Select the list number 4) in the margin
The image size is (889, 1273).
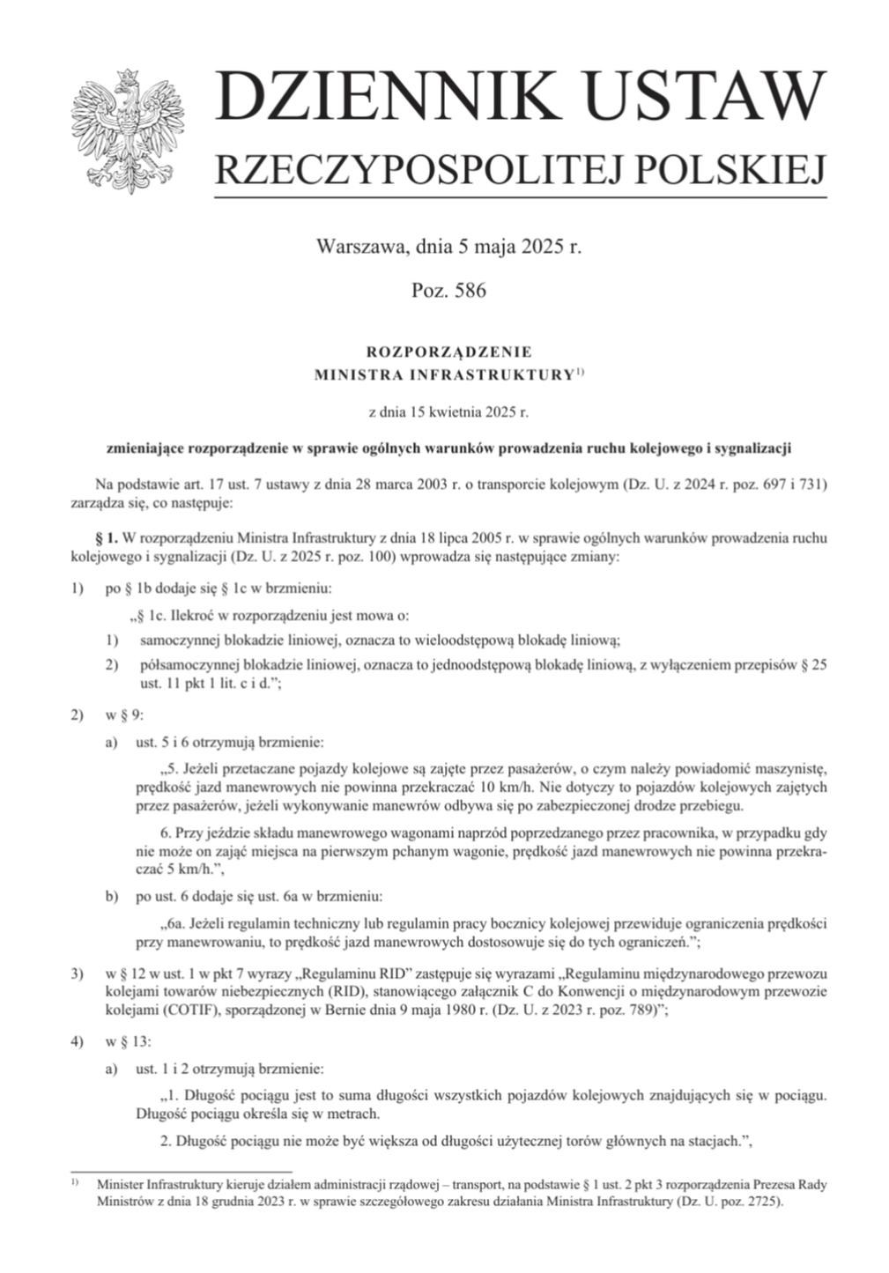(78, 1040)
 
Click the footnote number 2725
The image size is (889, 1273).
(761, 1202)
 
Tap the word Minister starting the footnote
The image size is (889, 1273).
(122, 1185)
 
